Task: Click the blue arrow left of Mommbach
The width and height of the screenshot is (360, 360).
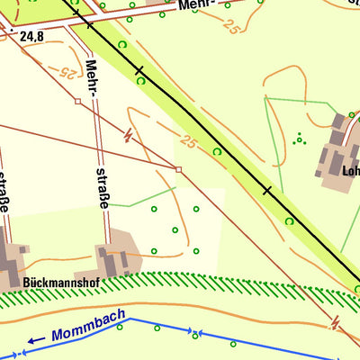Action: click(x=36, y=340)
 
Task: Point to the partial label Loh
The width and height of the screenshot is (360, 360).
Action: click(x=350, y=168)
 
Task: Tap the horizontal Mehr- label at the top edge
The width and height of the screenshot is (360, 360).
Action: click(x=199, y=4)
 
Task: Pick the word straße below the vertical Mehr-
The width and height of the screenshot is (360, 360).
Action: click(x=103, y=186)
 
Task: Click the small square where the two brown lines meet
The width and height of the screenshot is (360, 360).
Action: click(x=178, y=168)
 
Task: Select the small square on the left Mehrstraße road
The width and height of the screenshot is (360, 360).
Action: click(x=78, y=102)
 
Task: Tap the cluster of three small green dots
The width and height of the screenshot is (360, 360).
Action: click(x=299, y=138)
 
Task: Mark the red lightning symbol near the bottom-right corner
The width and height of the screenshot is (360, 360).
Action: click(x=336, y=320)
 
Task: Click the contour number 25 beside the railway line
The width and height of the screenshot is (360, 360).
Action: click(x=188, y=141)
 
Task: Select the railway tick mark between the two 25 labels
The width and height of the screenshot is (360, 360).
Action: click(x=139, y=69)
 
